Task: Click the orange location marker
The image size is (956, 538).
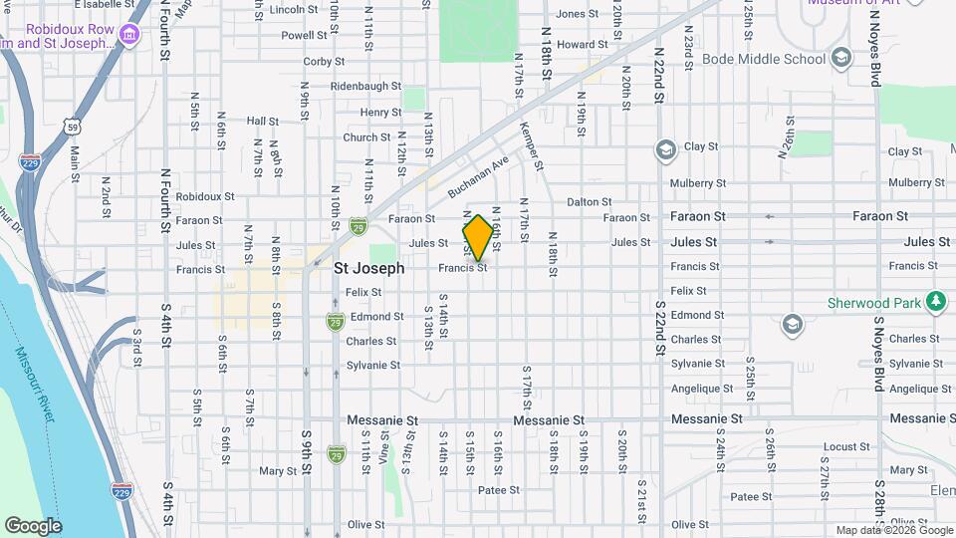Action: [478, 238]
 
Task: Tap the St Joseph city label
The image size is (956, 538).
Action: [368, 268]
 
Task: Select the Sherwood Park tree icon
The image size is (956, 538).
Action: [934, 301]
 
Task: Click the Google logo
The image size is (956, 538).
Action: [33, 526]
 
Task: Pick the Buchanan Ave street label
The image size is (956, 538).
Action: [478, 175]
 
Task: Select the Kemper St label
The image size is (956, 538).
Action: [531, 146]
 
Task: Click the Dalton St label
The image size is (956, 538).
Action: [589, 202]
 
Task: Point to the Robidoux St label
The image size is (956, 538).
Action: [204, 197]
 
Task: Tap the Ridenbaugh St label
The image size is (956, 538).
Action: [365, 87]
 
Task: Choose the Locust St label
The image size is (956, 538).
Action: [847, 446]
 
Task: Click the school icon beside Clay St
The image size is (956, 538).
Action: [664, 150]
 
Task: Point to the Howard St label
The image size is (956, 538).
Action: [583, 45]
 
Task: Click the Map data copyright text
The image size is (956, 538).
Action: [893, 531]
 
